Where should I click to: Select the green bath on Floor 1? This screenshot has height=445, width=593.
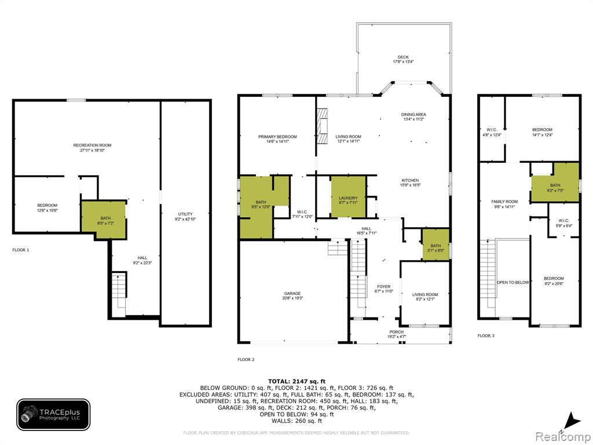[x=104, y=220]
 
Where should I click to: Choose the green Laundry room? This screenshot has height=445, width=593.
[x=348, y=197]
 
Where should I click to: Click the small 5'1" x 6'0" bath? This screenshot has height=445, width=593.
[x=435, y=245]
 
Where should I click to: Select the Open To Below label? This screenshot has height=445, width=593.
[x=513, y=282]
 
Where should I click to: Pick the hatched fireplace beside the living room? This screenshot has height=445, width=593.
[x=322, y=126]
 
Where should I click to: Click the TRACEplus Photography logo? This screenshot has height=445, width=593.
[x=53, y=414]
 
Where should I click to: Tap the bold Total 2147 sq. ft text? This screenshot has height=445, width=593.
[x=296, y=381]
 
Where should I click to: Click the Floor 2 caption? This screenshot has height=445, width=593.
[x=246, y=359]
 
